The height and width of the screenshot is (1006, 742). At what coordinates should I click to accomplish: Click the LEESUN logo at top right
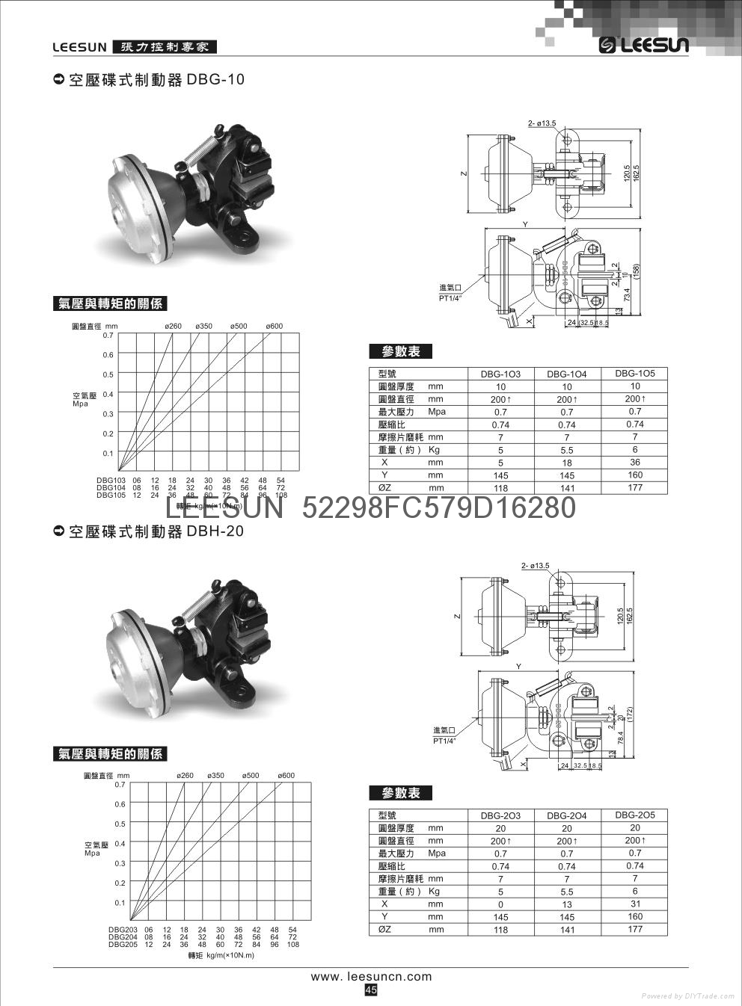tap(643, 46)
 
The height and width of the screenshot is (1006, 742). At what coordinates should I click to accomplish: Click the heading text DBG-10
tap(215, 79)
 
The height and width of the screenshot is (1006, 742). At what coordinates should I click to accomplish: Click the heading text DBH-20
tap(215, 531)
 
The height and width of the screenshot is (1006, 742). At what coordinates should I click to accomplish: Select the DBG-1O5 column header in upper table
tap(634, 373)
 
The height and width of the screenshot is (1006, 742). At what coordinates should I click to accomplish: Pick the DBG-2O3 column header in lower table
tap(500, 815)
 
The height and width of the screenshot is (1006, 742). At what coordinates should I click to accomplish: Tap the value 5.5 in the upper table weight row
tap(566, 450)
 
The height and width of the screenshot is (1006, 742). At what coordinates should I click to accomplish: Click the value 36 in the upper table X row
tap(634, 462)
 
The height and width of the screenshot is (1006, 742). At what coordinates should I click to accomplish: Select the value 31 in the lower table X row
tap(634, 904)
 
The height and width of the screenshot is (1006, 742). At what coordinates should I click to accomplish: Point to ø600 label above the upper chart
tap(274, 327)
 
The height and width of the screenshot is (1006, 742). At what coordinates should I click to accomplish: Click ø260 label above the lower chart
tap(185, 775)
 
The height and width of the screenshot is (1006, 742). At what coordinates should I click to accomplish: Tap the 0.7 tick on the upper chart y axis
tap(108, 336)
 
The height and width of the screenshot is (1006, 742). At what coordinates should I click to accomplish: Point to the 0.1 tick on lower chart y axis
tap(120, 903)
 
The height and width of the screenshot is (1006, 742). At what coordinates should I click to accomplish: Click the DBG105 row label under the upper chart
tap(111, 495)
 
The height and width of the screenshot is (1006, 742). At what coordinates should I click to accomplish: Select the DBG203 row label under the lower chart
tap(123, 930)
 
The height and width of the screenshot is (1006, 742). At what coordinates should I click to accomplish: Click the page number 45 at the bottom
tap(371, 990)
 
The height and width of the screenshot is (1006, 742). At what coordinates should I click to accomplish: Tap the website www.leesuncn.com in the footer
tap(371, 976)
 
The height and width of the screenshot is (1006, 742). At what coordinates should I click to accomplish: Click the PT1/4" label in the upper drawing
tap(450, 297)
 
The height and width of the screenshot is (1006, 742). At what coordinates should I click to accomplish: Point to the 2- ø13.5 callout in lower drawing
tap(535, 566)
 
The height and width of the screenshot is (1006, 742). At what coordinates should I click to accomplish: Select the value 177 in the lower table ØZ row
tap(634, 929)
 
